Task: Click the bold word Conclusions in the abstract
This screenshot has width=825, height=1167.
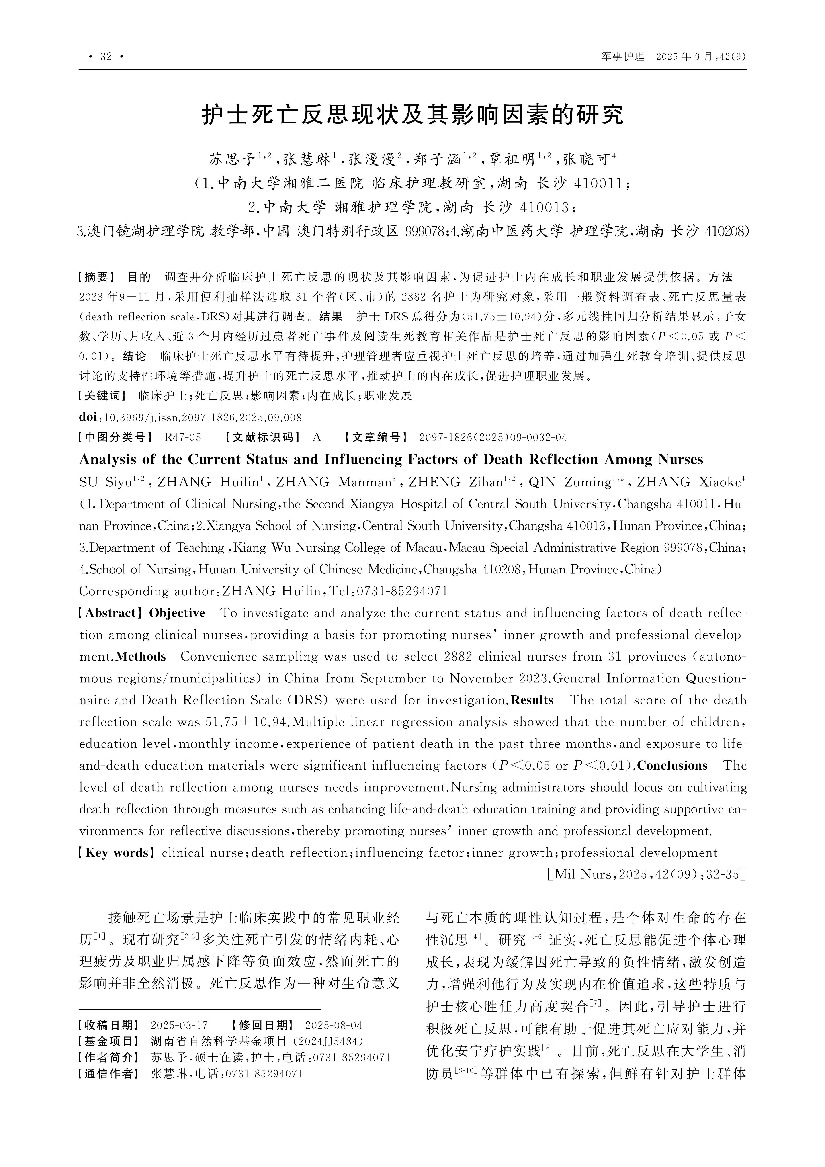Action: (673, 766)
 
